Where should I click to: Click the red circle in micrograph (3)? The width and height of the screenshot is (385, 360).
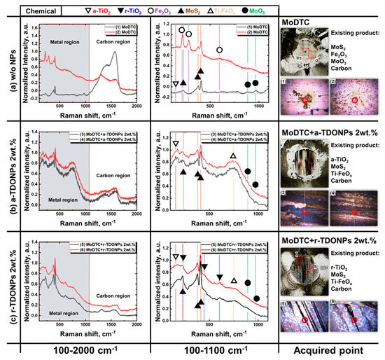coord(305,212)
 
